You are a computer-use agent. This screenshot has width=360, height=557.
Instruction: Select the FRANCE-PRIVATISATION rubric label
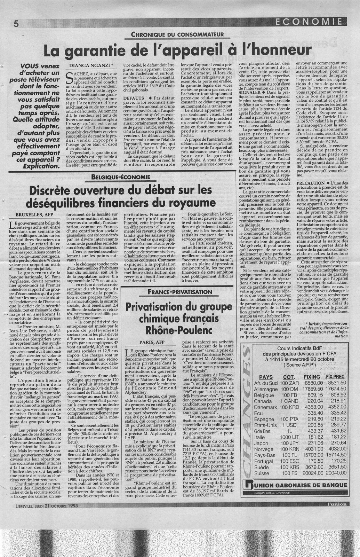click(179, 291)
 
